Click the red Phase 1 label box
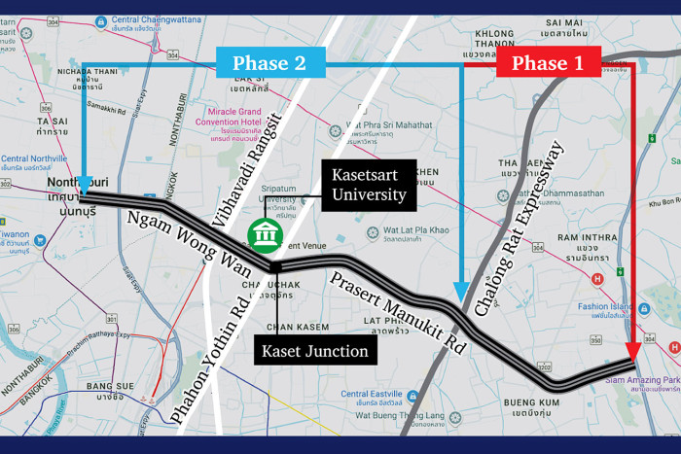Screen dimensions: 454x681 click(549, 64)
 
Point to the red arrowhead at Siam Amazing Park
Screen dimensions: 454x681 click(633, 352)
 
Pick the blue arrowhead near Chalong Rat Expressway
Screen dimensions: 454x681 click(462, 291)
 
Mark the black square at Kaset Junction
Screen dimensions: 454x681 click(275, 266)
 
